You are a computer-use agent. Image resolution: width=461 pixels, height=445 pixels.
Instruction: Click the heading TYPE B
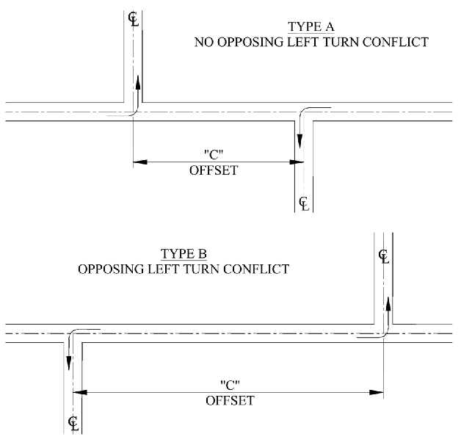pos(183,255)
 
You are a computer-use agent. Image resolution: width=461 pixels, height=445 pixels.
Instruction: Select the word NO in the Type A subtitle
pos(203,43)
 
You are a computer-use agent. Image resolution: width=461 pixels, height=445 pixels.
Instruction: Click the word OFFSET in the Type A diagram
pos(214,169)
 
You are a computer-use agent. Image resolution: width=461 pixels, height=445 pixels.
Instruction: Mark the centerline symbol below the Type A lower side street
pos(304,203)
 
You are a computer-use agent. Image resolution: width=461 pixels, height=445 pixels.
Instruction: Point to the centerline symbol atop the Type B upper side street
pos(383,256)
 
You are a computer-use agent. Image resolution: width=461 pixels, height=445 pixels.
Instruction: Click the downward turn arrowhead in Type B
pos(69,361)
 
